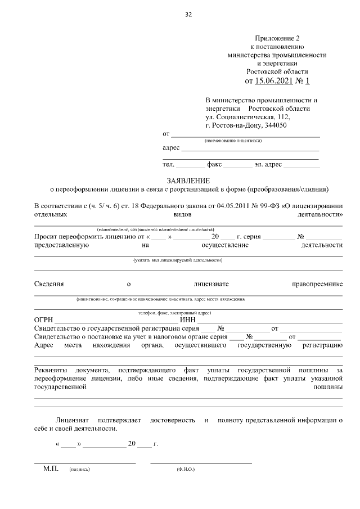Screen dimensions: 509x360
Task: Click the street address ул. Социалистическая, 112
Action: pos(248,117)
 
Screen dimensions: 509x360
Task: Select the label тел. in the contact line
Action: pos(168,165)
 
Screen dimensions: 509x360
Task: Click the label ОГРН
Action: pos(44,320)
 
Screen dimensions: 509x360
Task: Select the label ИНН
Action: pos(187,320)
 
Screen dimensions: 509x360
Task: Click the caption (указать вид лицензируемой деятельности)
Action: pos(178,260)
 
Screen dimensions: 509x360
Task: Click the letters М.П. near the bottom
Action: pos(51,468)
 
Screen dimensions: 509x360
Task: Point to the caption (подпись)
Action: pos(79,469)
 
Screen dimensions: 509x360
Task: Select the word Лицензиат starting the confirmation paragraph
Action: pos(73,420)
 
